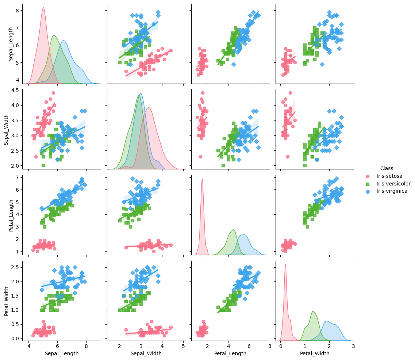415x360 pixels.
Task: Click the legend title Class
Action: (387, 168)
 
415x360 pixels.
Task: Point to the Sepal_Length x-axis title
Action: (61, 353)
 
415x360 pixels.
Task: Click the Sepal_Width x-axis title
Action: (146, 353)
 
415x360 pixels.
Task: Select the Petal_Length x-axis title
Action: (230, 353)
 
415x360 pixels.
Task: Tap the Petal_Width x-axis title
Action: (315, 353)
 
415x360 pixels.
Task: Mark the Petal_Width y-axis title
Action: (7, 300)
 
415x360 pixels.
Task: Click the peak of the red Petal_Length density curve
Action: (202, 179)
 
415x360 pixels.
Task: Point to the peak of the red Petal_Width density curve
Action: (285, 265)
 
